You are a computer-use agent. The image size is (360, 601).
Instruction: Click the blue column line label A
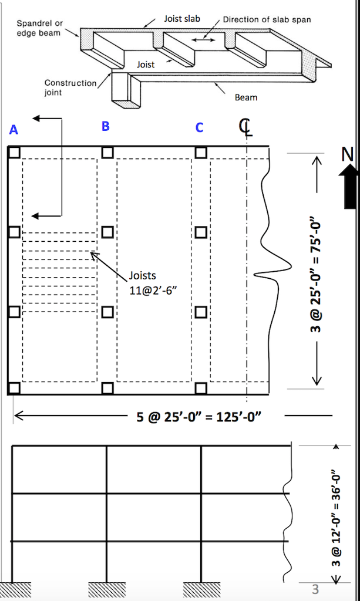[14, 130]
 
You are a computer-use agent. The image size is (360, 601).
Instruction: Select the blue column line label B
[105, 126]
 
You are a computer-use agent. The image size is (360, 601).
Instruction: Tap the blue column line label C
[200, 127]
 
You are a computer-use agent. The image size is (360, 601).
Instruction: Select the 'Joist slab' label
[182, 19]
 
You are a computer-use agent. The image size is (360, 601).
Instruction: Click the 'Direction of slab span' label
[267, 19]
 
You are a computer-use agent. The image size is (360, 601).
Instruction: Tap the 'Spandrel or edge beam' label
[39, 28]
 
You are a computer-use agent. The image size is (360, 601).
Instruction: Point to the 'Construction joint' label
[70, 87]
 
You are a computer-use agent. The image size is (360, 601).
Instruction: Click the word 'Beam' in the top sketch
[245, 97]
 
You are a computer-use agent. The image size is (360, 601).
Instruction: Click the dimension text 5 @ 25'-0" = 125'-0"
[198, 417]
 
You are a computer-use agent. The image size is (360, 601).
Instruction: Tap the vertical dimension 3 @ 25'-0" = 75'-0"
[318, 269]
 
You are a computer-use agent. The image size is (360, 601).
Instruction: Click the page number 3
[315, 588]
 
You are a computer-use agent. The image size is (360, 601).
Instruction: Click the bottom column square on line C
[201, 388]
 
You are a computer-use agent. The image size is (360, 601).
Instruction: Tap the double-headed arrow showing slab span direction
[203, 40]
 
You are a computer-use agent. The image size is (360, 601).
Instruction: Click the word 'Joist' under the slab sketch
[146, 65]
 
